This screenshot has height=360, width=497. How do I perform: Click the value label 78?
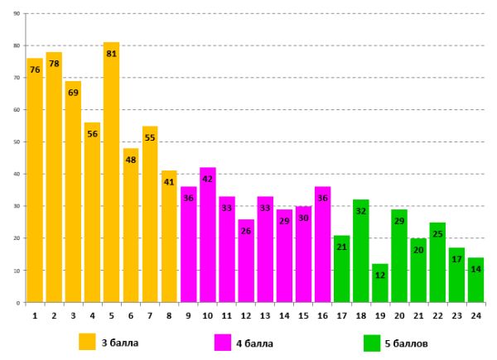[x=54, y=65]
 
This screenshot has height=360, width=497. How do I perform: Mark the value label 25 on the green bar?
[x=438, y=234]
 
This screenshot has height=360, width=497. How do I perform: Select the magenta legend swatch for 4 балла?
[x=223, y=342]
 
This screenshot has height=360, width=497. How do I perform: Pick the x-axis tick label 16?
[x=323, y=314]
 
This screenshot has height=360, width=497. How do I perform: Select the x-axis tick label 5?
[x=112, y=314]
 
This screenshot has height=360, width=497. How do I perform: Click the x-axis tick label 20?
[x=399, y=314]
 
